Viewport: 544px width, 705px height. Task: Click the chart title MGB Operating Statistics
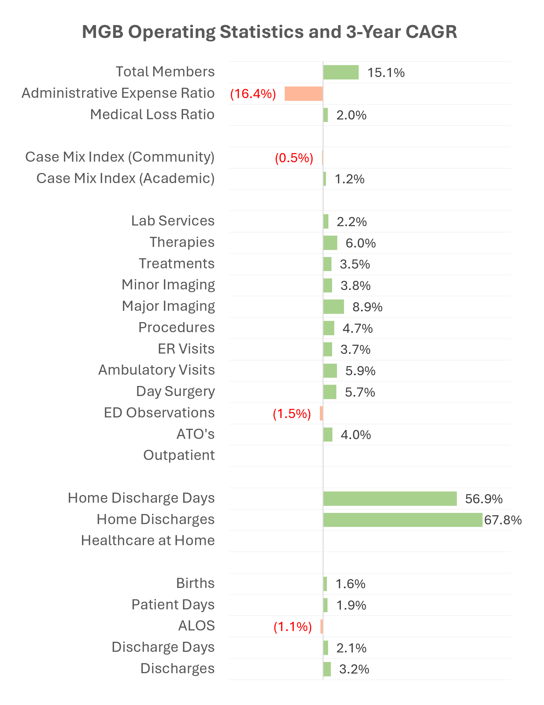(x=269, y=32)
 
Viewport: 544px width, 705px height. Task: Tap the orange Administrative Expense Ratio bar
(x=303, y=94)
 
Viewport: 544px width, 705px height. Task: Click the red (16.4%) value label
(x=253, y=94)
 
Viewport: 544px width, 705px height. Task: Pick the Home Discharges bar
(x=402, y=520)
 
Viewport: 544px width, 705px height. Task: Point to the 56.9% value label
(x=483, y=499)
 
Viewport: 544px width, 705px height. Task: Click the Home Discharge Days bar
(x=390, y=499)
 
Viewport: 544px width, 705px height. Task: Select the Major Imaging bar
(x=333, y=307)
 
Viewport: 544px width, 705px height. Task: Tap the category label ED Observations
(x=159, y=413)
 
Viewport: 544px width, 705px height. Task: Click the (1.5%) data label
(x=292, y=413)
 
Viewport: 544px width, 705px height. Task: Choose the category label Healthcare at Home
(x=148, y=540)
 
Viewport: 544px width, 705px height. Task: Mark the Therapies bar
(x=330, y=243)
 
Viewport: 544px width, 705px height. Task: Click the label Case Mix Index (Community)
(x=120, y=157)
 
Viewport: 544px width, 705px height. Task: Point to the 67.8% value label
(x=503, y=520)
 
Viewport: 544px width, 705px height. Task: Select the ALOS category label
(x=196, y=626)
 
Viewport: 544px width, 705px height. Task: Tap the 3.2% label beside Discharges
(x=354, y=669)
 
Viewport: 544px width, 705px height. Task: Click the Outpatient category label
(x=179, y=455)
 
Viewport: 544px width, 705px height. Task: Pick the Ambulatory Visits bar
(x=330, y=371)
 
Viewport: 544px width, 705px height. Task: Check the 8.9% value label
(x=367, y=307)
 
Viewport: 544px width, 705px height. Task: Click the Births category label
(x=195, y=583)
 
